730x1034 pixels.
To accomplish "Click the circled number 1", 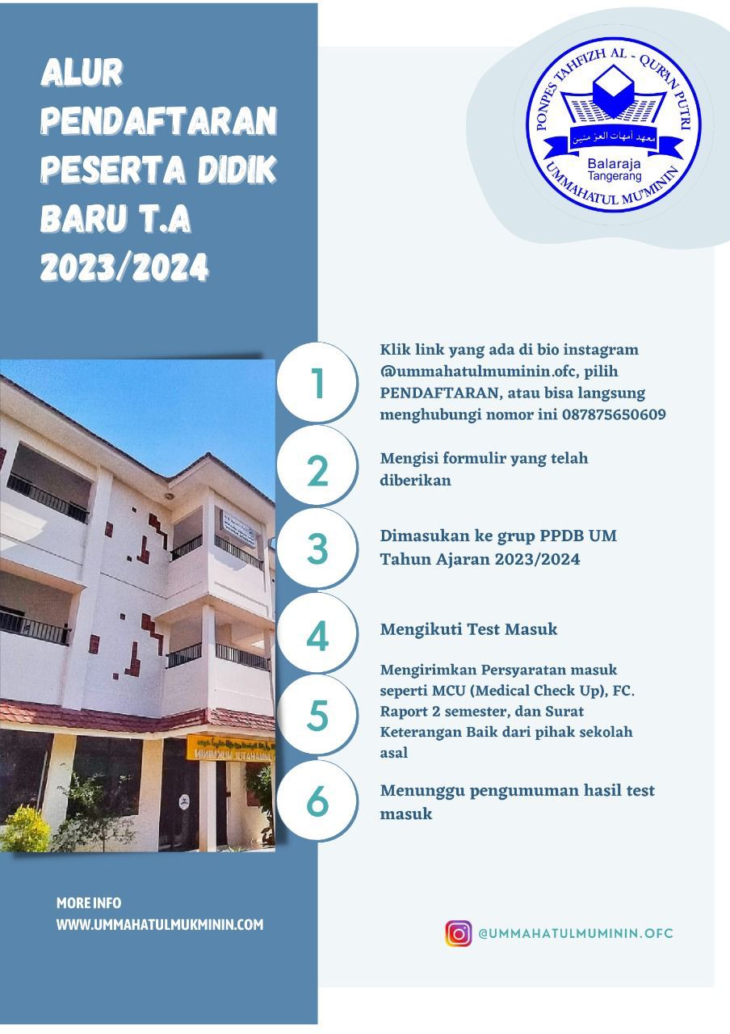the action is (x=317, y=383).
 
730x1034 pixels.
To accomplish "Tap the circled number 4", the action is (x=317, y=636).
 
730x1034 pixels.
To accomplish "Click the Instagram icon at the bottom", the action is (x=458, y=933).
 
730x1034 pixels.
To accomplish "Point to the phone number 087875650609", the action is (x=614, y=414).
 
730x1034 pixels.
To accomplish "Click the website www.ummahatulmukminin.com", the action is (x=160, y=925).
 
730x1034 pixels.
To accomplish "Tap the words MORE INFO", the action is (x=89, y=903).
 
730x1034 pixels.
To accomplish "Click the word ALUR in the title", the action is (x=82, y=73).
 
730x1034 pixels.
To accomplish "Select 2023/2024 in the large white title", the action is (x=124, y=267).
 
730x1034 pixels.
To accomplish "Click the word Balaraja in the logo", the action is (x=614, y=163).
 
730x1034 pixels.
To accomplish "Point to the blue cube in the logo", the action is (x=614, y=91).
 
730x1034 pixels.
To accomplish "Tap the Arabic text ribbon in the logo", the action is (x=614, y=140).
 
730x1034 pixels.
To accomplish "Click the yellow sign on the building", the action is (x=231, y=749).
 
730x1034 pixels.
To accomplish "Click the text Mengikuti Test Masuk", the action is (x=468, y=629).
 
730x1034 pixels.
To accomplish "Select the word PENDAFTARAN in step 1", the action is (x=438, y=393).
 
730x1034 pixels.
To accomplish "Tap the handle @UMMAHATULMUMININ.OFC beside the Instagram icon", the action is (x=576, y=933).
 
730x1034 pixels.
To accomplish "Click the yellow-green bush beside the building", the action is (x=24, y=829).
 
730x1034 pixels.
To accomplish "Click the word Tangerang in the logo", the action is (x=615, y=176).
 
